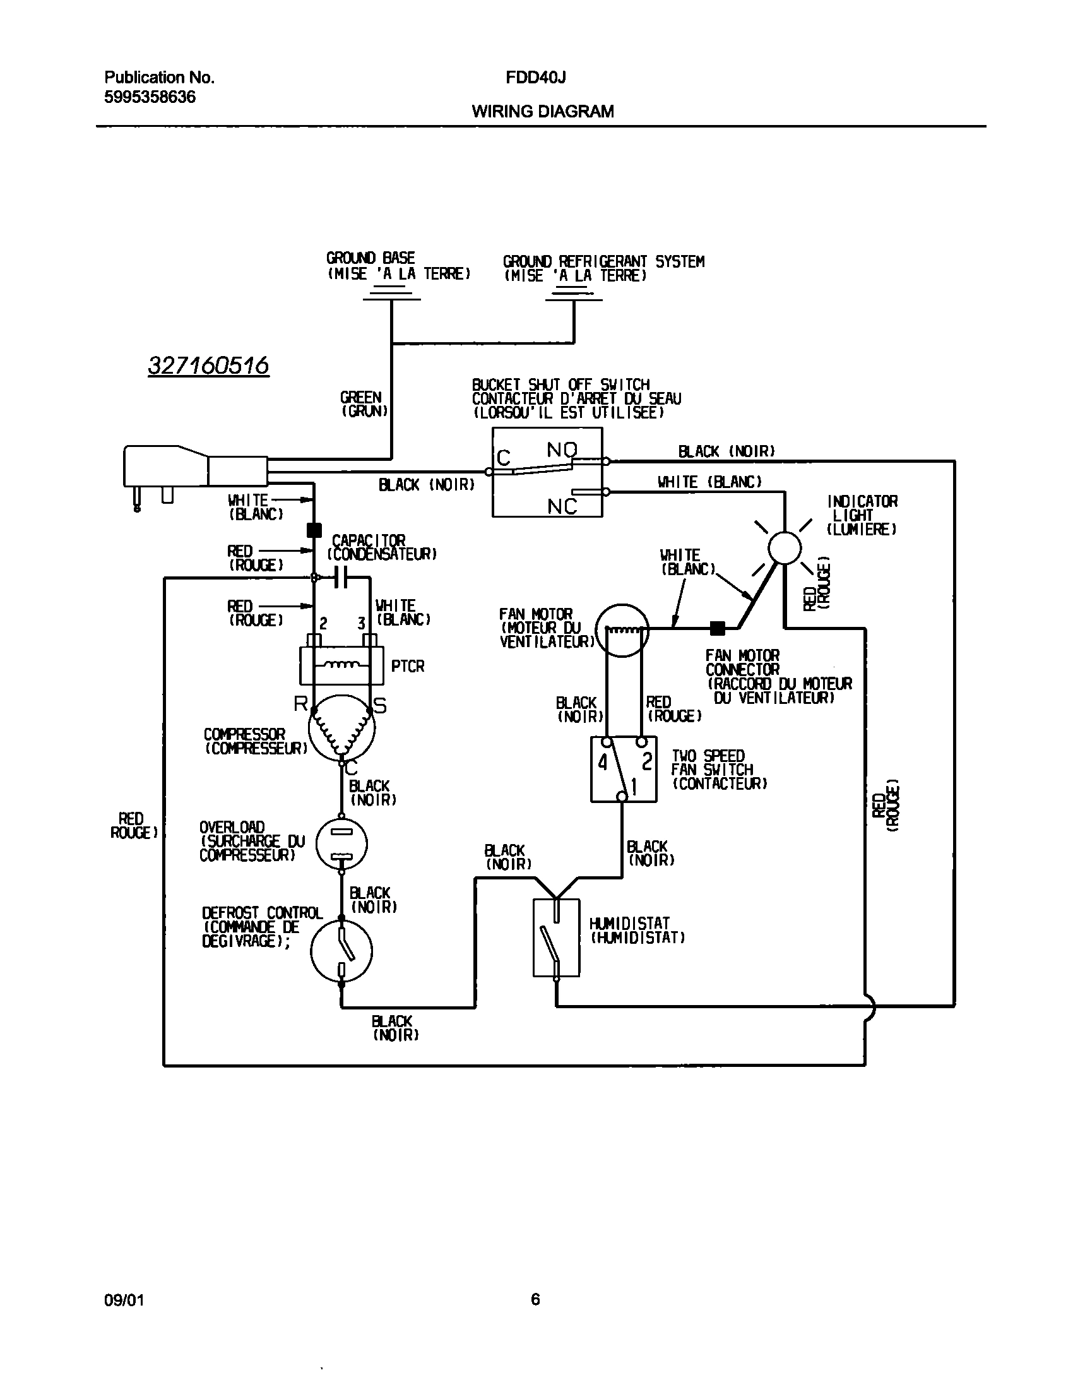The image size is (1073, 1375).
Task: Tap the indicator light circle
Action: pos(784,547)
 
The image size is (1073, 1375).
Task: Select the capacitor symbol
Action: pos(341,576)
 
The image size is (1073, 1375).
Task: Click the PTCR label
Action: pos(408,666)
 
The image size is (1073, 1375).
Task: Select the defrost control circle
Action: pos(341,951)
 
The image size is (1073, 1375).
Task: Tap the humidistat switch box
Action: pos(556,937)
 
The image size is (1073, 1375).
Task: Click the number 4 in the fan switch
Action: pos(603,763)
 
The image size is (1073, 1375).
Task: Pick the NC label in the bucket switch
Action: pos(562,506)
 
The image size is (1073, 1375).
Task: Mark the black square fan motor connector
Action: pos(717,628)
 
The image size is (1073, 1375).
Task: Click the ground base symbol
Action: pos(391,294)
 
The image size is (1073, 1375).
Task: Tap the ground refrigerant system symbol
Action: pos(573,294)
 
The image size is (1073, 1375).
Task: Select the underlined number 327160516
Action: pos(208,365)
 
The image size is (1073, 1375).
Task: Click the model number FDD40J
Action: pos(535,77)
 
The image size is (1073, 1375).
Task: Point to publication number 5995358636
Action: pos(150,97)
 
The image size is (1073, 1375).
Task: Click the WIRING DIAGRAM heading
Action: pos(543,112)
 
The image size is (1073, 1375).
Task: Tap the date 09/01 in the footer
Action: pos(124,1300)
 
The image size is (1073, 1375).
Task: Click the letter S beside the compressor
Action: pos(380,706)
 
